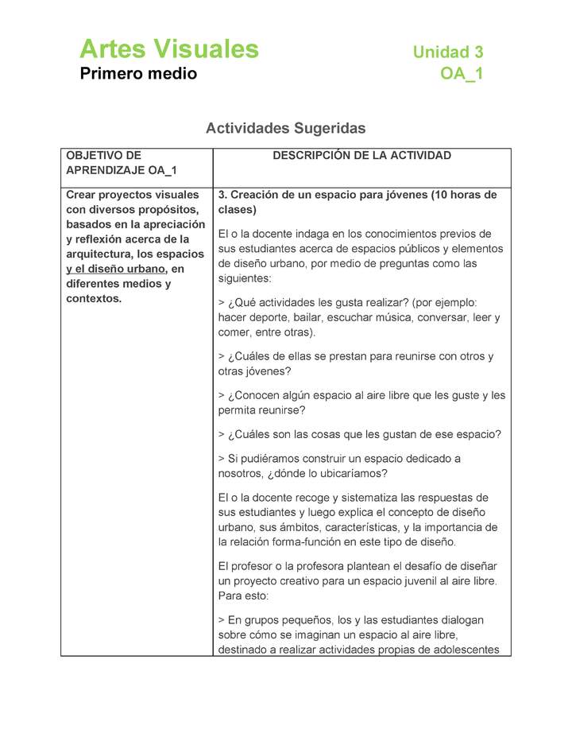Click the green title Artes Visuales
(168, 49)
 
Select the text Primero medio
(138, 74)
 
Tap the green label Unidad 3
(447, 52)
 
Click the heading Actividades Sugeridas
(285, 127)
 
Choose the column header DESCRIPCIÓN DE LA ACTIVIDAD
(361, 156)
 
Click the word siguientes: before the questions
(244, 279)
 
